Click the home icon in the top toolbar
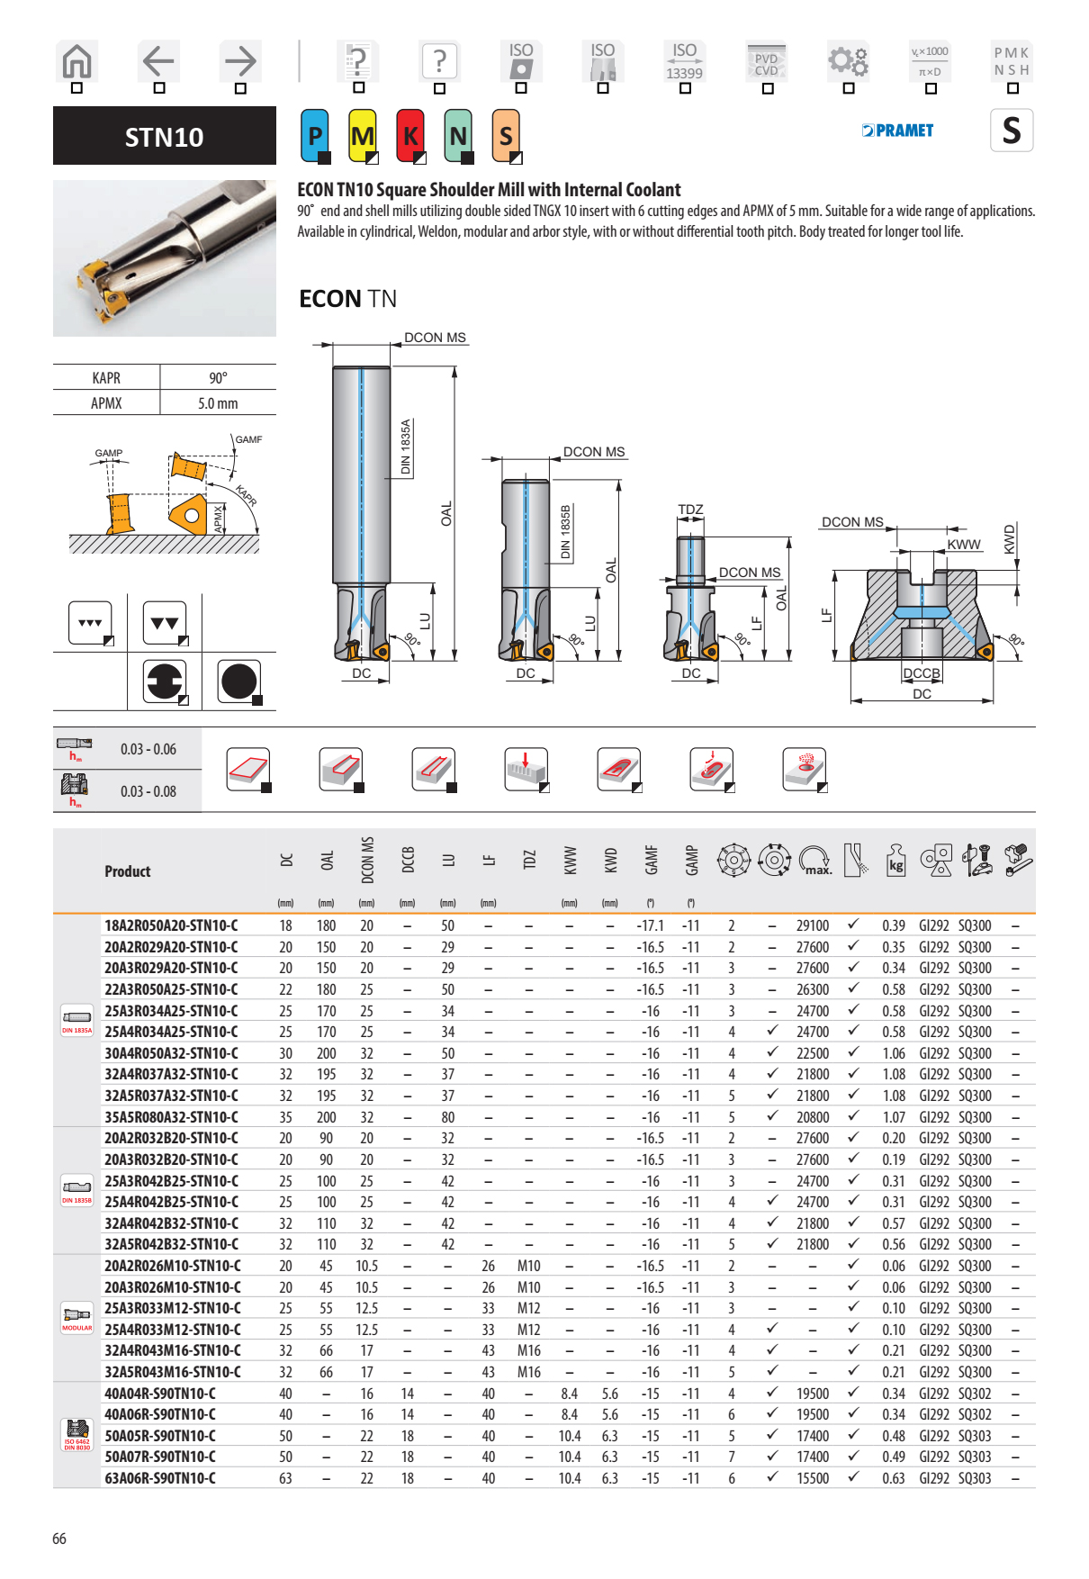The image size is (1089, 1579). pyautogui.click(x=76, y=61)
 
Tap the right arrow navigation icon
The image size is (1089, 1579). pyautogui.click(x=240, y=61)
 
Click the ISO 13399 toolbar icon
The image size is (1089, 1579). pyautogui.click(x=684, y=61)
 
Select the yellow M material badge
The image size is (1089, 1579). pyautogui.click(x=363, y=136)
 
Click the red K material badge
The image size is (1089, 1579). pyautogui.click(x=410, y=136)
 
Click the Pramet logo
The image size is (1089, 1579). pyautogui.click(x=897, y=131)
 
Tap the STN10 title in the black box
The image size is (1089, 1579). pyautogui.click(x=165, y=137)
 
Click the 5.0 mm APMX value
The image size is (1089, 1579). pyautogui.click(x=218, y=403)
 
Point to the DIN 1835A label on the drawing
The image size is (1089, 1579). pyautogui.click(x=406, y=447)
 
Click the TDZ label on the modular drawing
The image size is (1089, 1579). pyautogui.click(x=690, y=510)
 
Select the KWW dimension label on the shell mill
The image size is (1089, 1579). pyautogui.click(x=963, y=545)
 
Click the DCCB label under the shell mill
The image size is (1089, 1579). pyautogui.click(x=922, y=673)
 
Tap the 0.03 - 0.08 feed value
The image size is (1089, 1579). pyautogui.click(x=148, y=791)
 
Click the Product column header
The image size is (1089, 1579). pyautogui.click(x=128, y=871)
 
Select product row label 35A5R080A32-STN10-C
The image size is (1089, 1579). pyautogui.click(x=171, y=1117)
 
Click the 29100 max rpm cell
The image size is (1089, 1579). pyautogui.click(x=812, y=925)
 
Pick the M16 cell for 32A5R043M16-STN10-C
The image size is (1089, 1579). pyautogui.click(x=528, y=1372)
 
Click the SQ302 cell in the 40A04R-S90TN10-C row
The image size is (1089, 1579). pyautogui.click(x=974, y=1394)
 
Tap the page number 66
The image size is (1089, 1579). pyautogui.click(x=59, y=1538)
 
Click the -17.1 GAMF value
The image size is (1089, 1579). pyautogui.click(x=650, y=925)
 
